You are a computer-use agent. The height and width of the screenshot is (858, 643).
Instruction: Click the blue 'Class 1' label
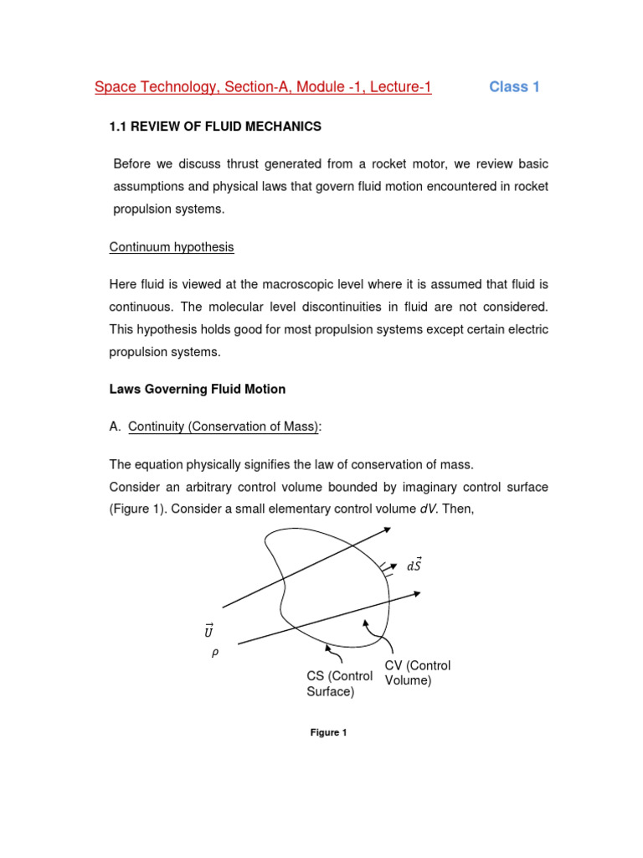pyautogui.click(x=514, y=87)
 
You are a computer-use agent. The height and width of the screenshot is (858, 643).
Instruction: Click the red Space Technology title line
pyautogui.click(x=263, y=87)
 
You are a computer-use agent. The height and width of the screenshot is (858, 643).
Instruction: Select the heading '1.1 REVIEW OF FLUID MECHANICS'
pyautogui.click(x=215, y=127)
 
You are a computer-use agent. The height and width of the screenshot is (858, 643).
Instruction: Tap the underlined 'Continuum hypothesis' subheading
pyautogui.click(x=172, y=247)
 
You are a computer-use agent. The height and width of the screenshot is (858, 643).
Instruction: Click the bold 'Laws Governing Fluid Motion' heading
pyautogui.click(x=198, y=389)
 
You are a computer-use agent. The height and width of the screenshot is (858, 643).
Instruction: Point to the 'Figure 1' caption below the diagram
pyautogui.click(x=328, y=732)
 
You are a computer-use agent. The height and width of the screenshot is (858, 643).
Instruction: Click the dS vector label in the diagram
pyautogui.click(x=414, y=565)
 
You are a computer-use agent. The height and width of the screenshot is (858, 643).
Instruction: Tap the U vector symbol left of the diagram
pyautogui.click(x=208, y=630)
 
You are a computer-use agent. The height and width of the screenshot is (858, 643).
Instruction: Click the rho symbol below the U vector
pyautogui.click(x=214, y=654)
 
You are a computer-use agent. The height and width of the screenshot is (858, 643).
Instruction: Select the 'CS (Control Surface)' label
pyautogui.click(x=339, y=684)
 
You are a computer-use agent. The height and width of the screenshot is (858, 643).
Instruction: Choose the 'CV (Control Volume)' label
pyautogui.click(x=418, y=673)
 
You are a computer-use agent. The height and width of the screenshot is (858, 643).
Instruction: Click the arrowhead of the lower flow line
pyautogui.click(x=415, y=594)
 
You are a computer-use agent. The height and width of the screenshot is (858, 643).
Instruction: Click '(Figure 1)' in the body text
pyautogui.click(x=137, y=509)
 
